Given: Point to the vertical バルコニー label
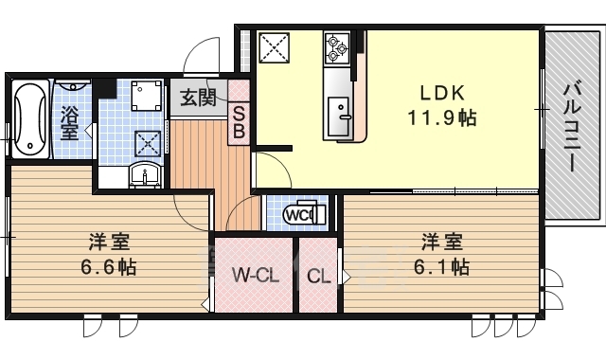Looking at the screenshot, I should point(571,126).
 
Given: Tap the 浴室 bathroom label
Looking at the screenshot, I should point(70,122).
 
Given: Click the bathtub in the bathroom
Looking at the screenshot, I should point(30,120).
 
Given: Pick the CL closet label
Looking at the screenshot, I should point(319,277).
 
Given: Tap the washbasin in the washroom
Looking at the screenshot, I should point(145,173).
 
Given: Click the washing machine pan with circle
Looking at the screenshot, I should point(147,97).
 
